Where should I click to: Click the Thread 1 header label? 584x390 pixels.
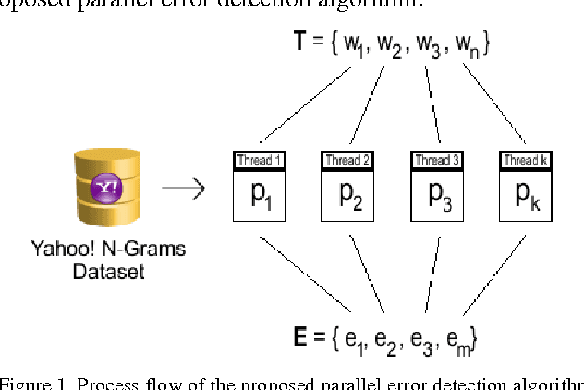coord(258,161)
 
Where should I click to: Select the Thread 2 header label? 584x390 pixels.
coord(347,161)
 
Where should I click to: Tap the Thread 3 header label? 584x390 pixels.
coord(436,161)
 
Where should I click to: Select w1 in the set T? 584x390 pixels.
coord(350,42)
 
